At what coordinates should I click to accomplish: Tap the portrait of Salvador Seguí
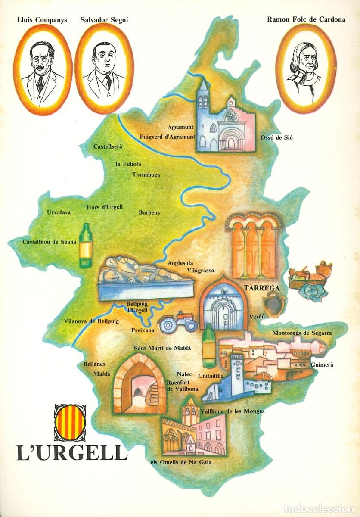(x=104, y=69)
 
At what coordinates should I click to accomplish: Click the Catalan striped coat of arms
(x=70, y=423)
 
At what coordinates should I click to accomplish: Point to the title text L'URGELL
(x=72, y=453)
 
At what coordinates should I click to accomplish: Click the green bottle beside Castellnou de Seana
(x=86, y=246)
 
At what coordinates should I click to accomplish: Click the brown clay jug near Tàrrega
(x=273, y=303)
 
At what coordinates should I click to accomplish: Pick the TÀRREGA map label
(x=261, y=288)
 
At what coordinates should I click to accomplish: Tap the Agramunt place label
(x=180, y=127)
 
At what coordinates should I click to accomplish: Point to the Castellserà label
(x=108, y=146)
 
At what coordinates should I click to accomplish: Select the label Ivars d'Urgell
(x=104, y=207)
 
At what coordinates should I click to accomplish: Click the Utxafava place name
(x=59, y=212)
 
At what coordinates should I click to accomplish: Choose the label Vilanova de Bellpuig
(x=91, y=321)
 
